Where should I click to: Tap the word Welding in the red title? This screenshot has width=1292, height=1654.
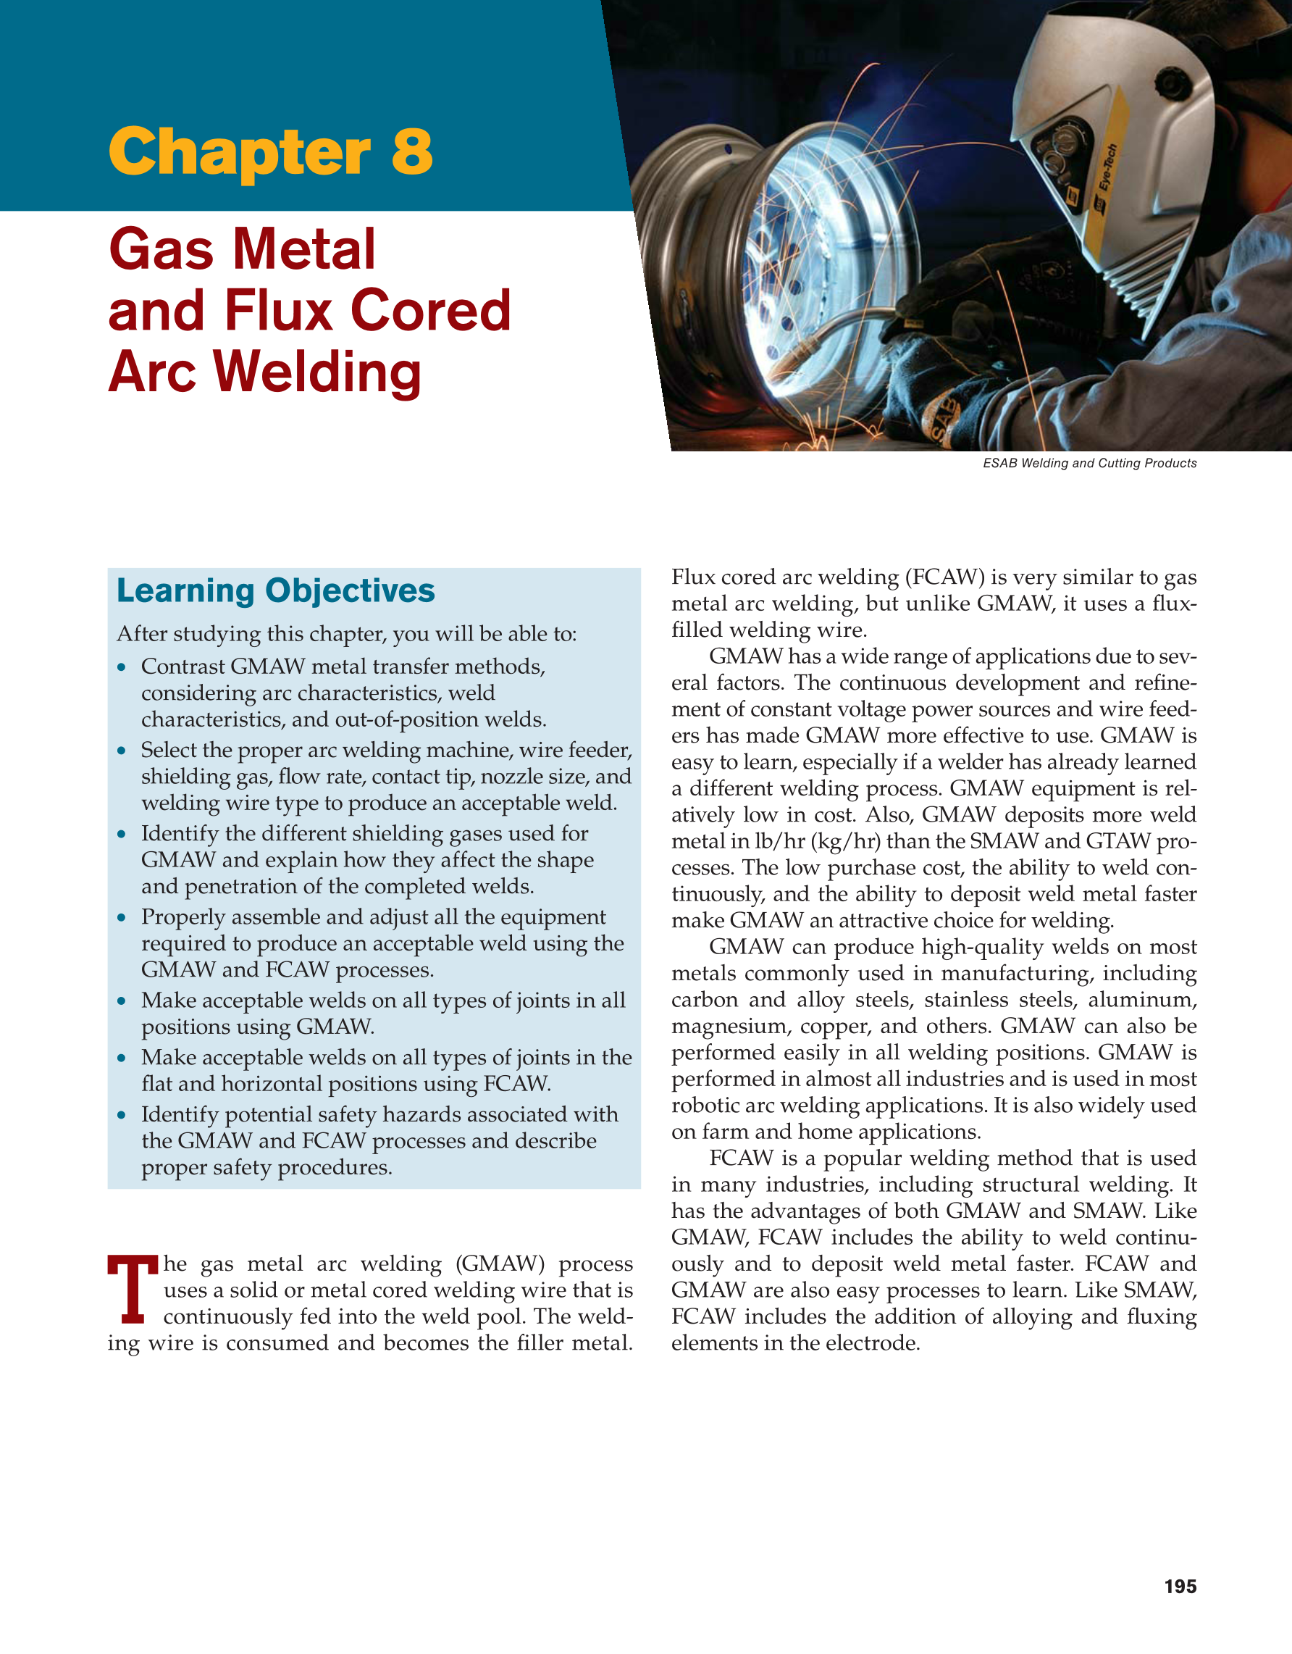click(318, 372)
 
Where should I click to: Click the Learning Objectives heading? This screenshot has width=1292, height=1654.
click(275, 590)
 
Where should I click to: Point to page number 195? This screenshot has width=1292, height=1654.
click(1180, 1587)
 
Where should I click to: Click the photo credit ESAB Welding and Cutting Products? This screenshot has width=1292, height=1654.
click(1089, 463)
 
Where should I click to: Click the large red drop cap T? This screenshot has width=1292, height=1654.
click(133, 1290)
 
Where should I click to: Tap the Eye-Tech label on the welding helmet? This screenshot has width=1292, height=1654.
click(1108, 166)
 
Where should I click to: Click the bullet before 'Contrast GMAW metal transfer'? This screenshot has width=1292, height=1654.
click(122, 667)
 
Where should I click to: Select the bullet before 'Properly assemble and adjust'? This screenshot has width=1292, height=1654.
click(122, 918)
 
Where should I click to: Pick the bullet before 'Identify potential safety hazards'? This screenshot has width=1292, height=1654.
click(122, 1116)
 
